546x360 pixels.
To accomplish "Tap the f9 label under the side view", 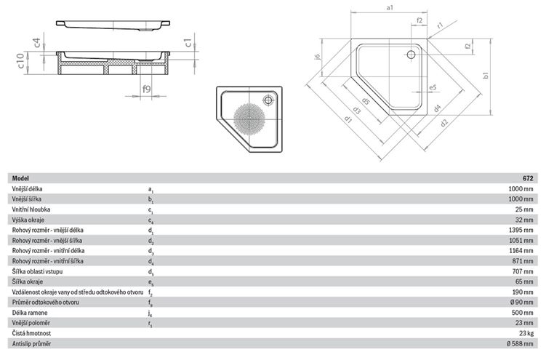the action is click(x=147, y=89).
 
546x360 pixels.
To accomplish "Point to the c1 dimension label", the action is click(x=188, y=43).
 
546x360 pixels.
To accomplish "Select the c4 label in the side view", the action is click(x=37, y=42).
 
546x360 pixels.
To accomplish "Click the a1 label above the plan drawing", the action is click(x=390, y=7).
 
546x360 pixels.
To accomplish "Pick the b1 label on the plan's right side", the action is click(x=486, y=75).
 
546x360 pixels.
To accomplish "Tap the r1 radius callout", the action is click(x=440, y=25).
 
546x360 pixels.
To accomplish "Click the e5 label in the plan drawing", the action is click(x=433, y=87).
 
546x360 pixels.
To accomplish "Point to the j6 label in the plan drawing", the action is click(x=316, y=57).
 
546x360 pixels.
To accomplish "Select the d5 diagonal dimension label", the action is click(x=365, y=101).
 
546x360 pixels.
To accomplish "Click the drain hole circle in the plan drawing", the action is click(x=411, y=55).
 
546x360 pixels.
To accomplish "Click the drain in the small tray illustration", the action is click(x=268, y=100).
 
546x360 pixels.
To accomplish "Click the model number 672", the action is click(x=528, y=178).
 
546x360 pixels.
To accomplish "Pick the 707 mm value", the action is click(x=523, y=271).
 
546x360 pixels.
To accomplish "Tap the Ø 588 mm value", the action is click(x=520, y=343).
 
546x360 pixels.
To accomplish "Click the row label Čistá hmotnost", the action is click(x=31, y=333).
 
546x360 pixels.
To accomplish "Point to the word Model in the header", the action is click(x=20, y=178).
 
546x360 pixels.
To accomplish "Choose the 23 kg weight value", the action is click(x=526, y=333).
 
